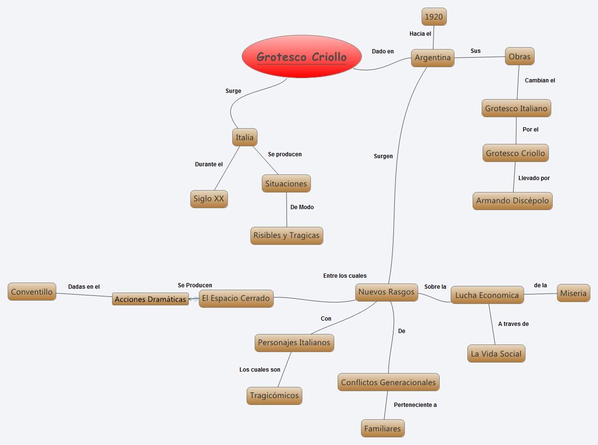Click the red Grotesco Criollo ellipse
pyautogui.click(x=301, y=57)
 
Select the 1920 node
pyautogui.click(x=433, y=17)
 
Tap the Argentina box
pyautogui.click(x=433, y=58)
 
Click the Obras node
pyautogui.click(x=519, y=56)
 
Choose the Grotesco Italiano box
pyautogui.click(x=516, y=108)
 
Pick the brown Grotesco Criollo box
pyautogui.click(x=515, y=153)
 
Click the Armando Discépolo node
pyautogui.click(x=512, y=201)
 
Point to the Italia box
pyautogui.click(x=245, y=138)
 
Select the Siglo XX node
pyautogui.click(x=208, y=199)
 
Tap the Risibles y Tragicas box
pyautogui.click(x=286, y=235)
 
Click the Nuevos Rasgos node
pyautogui.click(x=386, y=292)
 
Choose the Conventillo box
pyautogui.click(x=31, y=292)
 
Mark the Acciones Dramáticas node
pyautogui.click(x=150, y=299)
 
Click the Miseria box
pyautogui.click(x=573, y=293)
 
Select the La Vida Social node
pyautogui.click(x=496, y=354)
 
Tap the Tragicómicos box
pyautogui.click(x=274, y=395)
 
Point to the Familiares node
pyautogui.click(x=382, y=428)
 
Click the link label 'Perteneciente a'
pyautogui.click(x=415, y=405)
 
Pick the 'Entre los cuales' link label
pyautogui.click(x=345, y=276)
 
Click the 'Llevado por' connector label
pyautogui.click(x=534, y=178)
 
